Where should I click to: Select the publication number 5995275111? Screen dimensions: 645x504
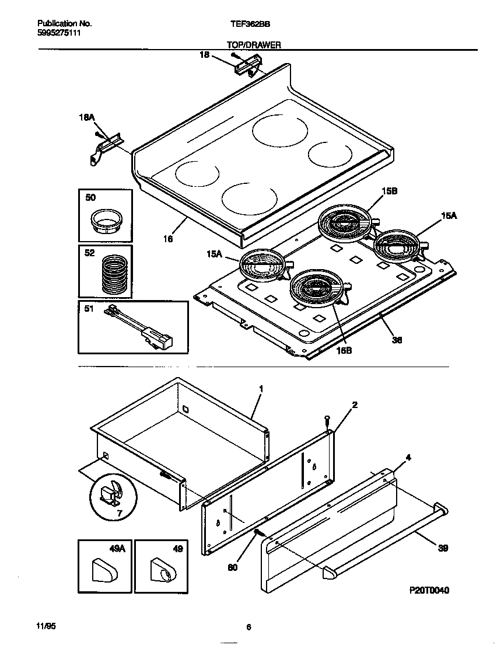tap(59, 33)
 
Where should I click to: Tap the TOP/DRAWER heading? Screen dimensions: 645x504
tap(254, 45)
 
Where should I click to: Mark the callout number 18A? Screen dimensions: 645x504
tap(86, 117)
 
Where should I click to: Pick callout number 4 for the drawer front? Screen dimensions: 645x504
tap(408, 458)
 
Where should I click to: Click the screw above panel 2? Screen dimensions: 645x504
tap(327, 420)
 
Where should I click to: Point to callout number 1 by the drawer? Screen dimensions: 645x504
tap(261, 388)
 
